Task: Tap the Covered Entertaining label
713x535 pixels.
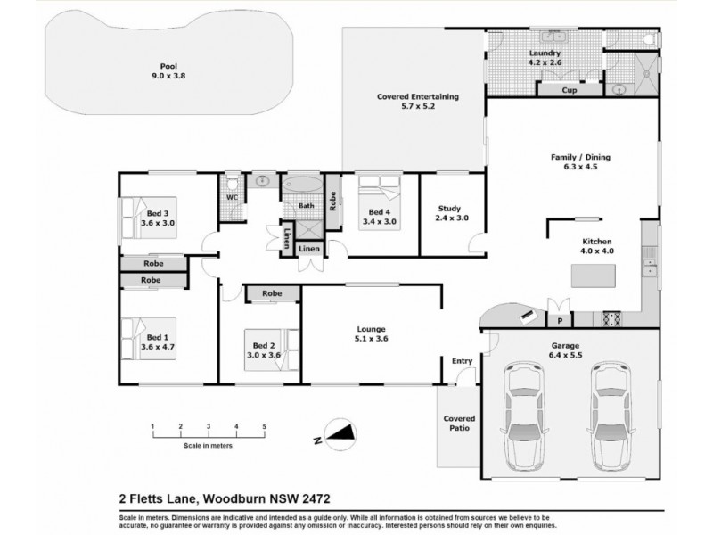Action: pos(417,101)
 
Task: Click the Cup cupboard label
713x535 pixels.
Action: pos(568,90)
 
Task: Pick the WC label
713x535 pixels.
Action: pos(231,197)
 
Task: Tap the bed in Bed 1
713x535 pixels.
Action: pos(139,338)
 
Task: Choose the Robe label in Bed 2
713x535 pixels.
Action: pos(272,293)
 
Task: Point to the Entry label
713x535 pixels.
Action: pos(462,361)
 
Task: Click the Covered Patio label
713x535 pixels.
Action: pos(460,423)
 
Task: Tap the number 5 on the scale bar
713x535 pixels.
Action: pos(264,427)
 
